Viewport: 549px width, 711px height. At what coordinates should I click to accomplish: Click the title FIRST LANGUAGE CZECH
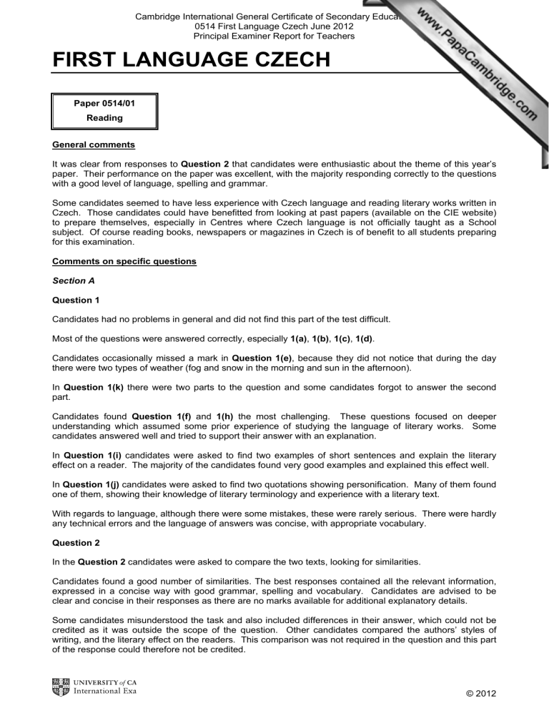[x=192, y=60]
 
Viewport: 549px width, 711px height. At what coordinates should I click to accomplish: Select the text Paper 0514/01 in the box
[x=104, y=103]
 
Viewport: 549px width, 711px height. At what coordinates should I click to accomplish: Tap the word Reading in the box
[x=104, y=118]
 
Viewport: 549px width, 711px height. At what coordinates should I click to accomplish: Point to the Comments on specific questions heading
[x=123, y=261]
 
